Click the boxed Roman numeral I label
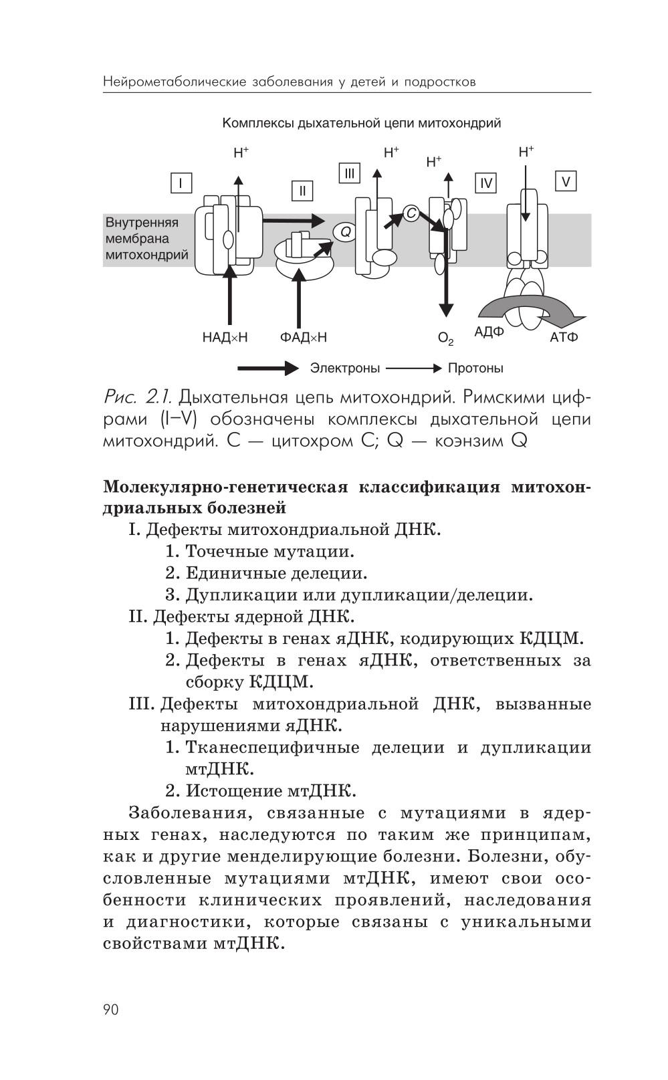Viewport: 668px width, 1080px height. [x=181, y=183]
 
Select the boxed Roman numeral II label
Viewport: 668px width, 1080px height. [x=302, y=191]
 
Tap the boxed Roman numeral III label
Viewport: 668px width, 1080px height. [x=349, y=174]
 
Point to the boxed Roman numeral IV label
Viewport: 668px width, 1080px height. [x=485, y=183]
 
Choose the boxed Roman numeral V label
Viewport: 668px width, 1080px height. [x=566, y=181]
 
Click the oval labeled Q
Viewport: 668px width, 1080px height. [x=346, y=231]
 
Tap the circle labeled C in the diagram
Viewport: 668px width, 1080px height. [x=411, y=213]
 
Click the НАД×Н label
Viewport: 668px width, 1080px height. [x=225, y=337]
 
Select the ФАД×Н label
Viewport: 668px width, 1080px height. [x=304, y=337]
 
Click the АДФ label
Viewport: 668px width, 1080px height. [x=489, y=332]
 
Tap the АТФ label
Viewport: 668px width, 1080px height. [x=564, y=337]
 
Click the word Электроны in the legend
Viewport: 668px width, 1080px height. [x=344, y=368]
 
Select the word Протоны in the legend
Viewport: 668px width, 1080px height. [x=475, y=368]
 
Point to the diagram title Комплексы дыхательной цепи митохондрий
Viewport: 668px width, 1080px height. [x=362, y=124]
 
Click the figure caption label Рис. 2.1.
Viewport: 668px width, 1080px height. [x=138, y=397]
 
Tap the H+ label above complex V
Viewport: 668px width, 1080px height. [x=526, y=152]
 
